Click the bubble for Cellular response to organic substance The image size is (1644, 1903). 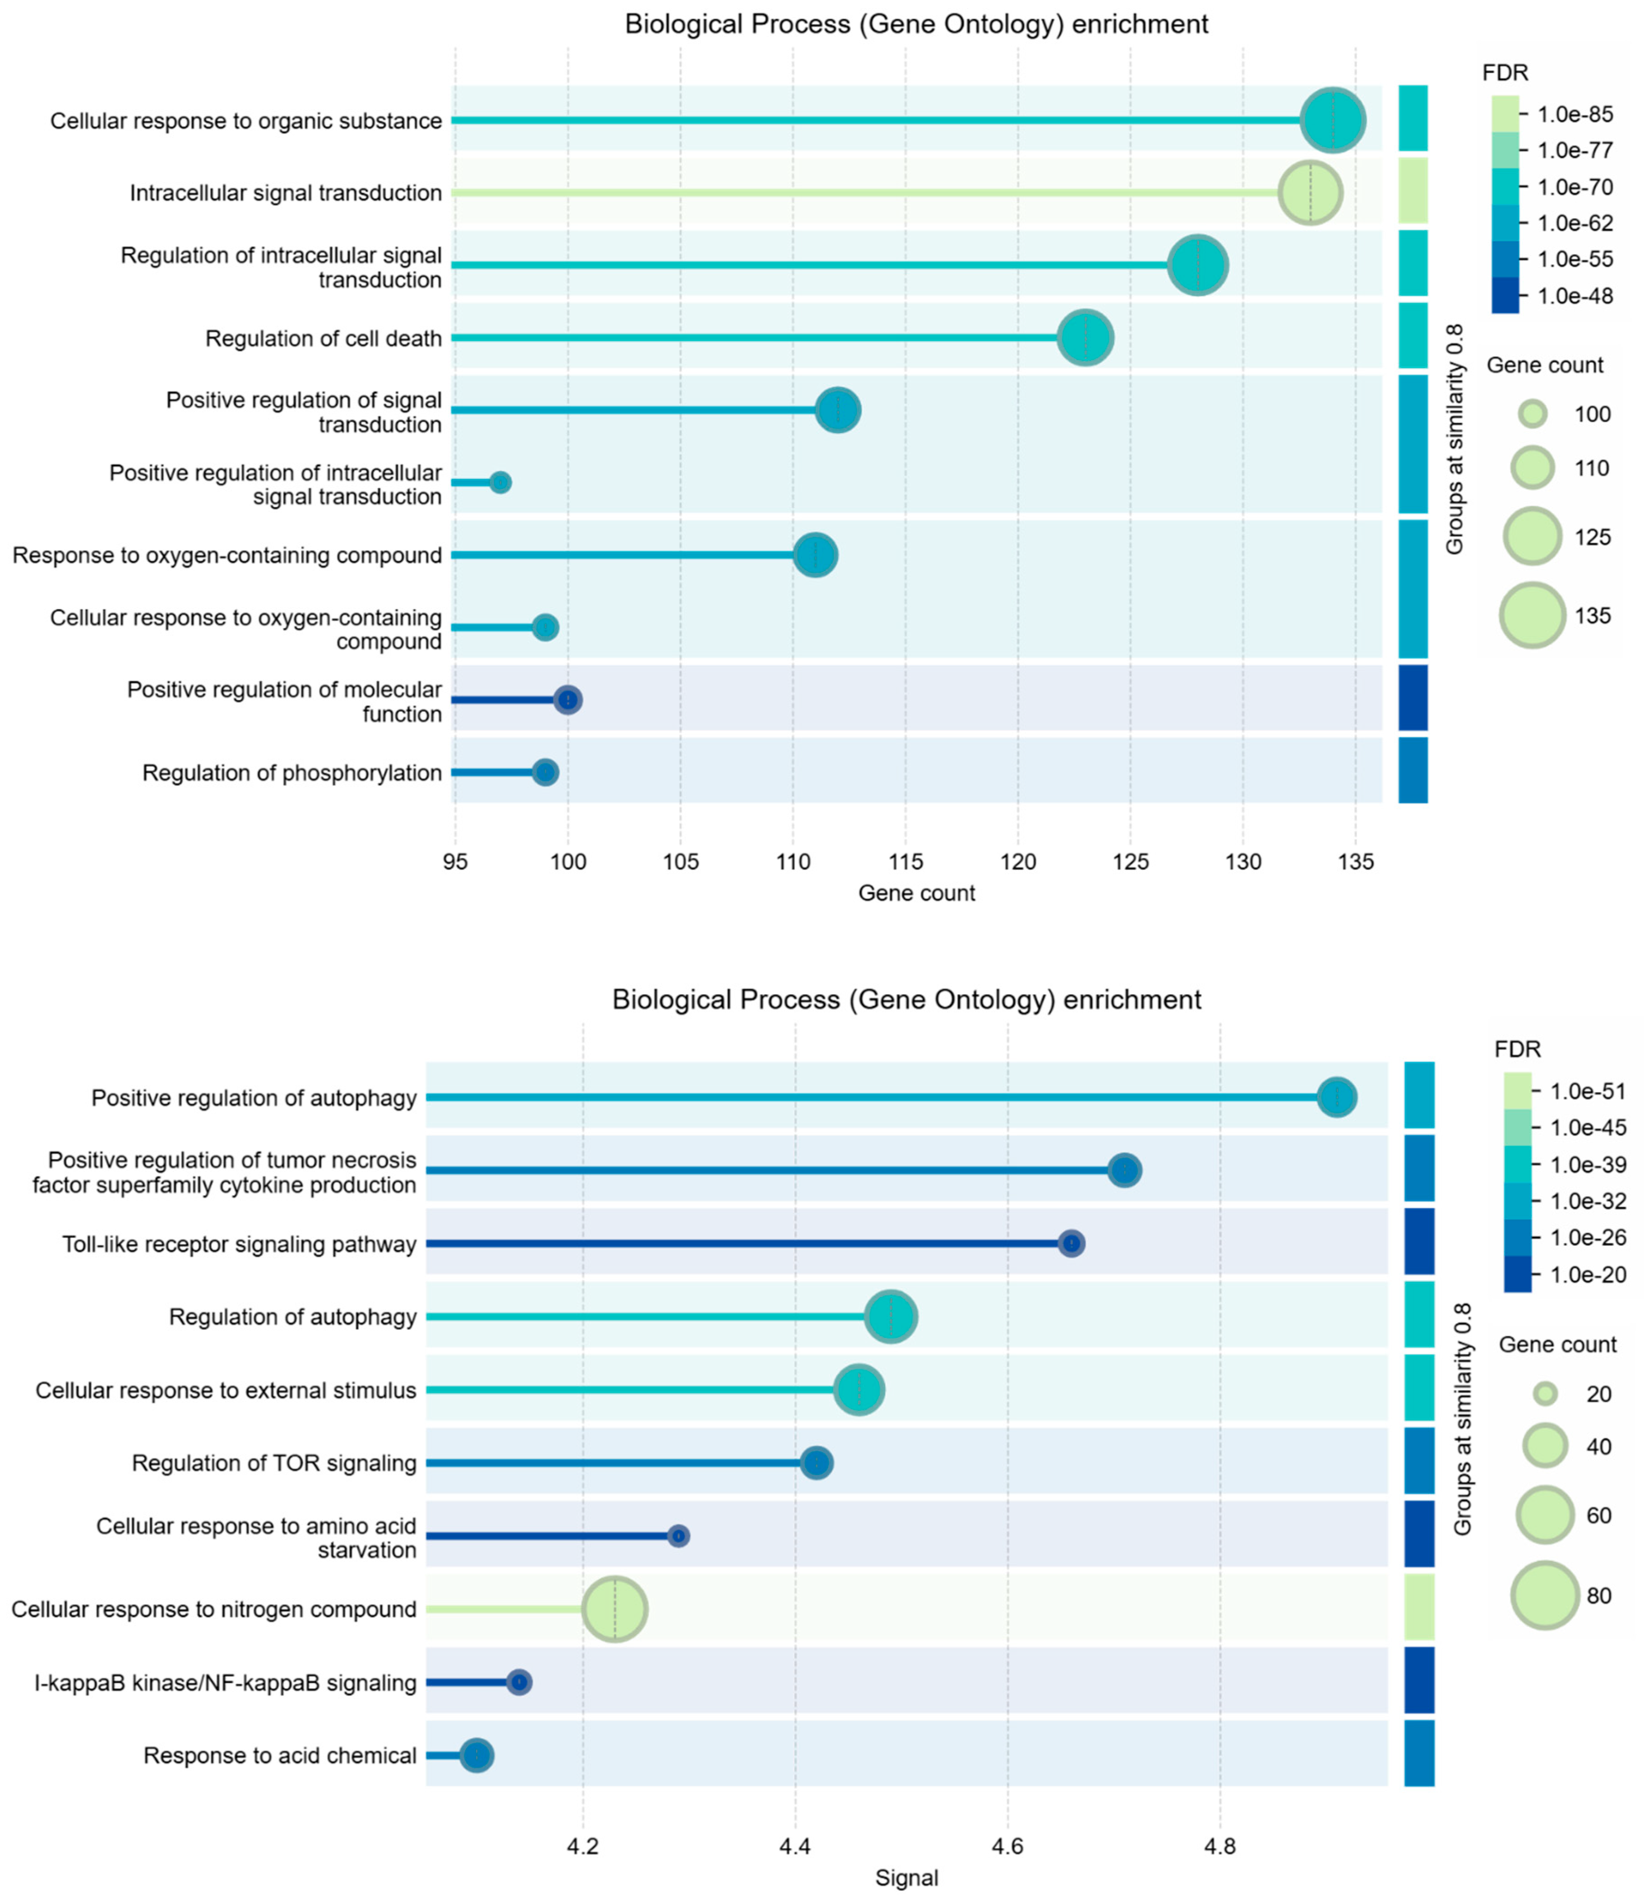[1333, 120]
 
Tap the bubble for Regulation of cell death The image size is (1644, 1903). [1085, 338]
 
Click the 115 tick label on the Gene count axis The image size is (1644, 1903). [905, 862]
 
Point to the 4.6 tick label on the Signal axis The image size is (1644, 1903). [1007, 1846]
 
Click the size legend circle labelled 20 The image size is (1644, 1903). [1546, 1394]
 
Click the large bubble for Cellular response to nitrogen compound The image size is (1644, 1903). [614, 1609]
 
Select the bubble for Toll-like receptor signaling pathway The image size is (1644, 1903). [1071, 1244]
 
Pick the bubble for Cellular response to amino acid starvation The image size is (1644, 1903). [678, 1536]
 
